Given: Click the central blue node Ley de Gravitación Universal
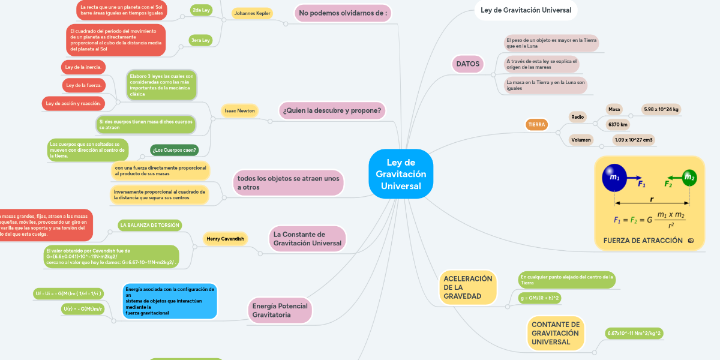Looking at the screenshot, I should click(401, 174).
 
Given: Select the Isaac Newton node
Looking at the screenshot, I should click(239, 110).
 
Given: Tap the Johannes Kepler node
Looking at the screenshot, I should click(252, 13).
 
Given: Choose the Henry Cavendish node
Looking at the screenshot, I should click(225, 239).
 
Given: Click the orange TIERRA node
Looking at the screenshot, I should click(536, 125).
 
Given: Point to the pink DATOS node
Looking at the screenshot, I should click(468, 64).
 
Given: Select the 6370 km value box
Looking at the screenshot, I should click(617, 124).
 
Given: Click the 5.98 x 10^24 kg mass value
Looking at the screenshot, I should click(661, 109).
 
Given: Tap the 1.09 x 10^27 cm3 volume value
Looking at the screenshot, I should click(633, 140).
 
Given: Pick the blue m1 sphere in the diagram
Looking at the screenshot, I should click(614, 177).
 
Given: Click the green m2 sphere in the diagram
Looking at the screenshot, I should click(689, 178).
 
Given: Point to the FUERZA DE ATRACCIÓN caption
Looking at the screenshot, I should click(643, 241).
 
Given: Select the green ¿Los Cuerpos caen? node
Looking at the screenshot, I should click(174, 150).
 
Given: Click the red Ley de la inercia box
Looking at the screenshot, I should click(83, 67).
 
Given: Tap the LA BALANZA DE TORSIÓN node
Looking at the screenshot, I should click(150, 225).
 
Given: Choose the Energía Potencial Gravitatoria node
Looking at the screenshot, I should click(280, 310).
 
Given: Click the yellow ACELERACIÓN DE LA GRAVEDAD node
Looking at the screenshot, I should click(467, 287).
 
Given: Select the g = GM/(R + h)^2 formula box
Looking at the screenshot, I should click(539, 298).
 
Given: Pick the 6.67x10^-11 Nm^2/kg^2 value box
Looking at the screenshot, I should click(634, 333).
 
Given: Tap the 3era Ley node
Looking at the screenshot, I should click(200, 40).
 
